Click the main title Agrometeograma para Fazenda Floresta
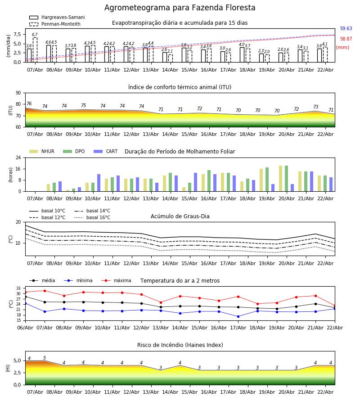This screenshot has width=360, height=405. click(180, 8)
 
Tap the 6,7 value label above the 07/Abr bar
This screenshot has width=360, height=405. click(35, 35)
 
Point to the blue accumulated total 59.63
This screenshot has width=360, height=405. click(346, 29)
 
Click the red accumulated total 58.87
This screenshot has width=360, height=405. click(346, 39)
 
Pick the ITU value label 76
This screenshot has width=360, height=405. click(29, 104)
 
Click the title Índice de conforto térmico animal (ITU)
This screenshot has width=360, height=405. click(180, 87)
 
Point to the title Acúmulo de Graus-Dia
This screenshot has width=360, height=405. click(180, 216)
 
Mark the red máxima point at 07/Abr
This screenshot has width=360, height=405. click(45, 291)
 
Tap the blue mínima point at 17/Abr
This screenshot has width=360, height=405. click(238, 316)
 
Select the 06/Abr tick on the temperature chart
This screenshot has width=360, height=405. click(25, 327)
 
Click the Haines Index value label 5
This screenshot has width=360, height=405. click(45, 358)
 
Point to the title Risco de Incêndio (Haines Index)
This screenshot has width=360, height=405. click(180, 345)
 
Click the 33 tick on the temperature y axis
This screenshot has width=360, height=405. click(19, 288)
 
